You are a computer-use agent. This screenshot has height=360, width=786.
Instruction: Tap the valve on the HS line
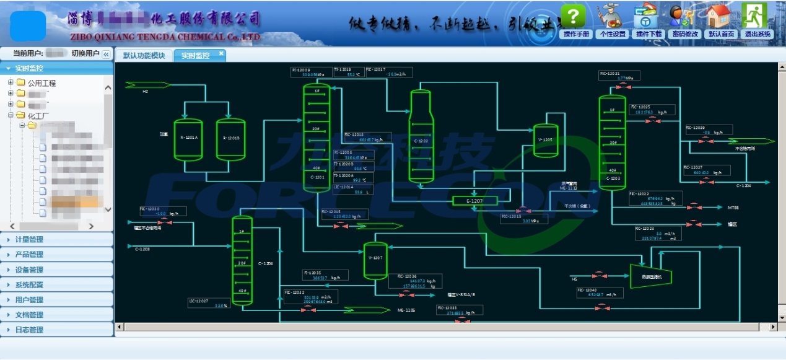[599, 274]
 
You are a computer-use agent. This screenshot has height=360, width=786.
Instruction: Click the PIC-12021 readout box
[619, 76]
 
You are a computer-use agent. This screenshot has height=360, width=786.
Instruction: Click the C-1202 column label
[421, 141]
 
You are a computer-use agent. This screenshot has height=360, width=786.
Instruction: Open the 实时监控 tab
[195, 56]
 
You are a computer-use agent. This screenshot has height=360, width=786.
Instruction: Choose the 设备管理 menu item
[30, 270]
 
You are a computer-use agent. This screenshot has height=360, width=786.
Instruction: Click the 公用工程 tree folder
[41, 83]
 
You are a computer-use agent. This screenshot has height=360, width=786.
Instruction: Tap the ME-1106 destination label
[406, 310]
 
